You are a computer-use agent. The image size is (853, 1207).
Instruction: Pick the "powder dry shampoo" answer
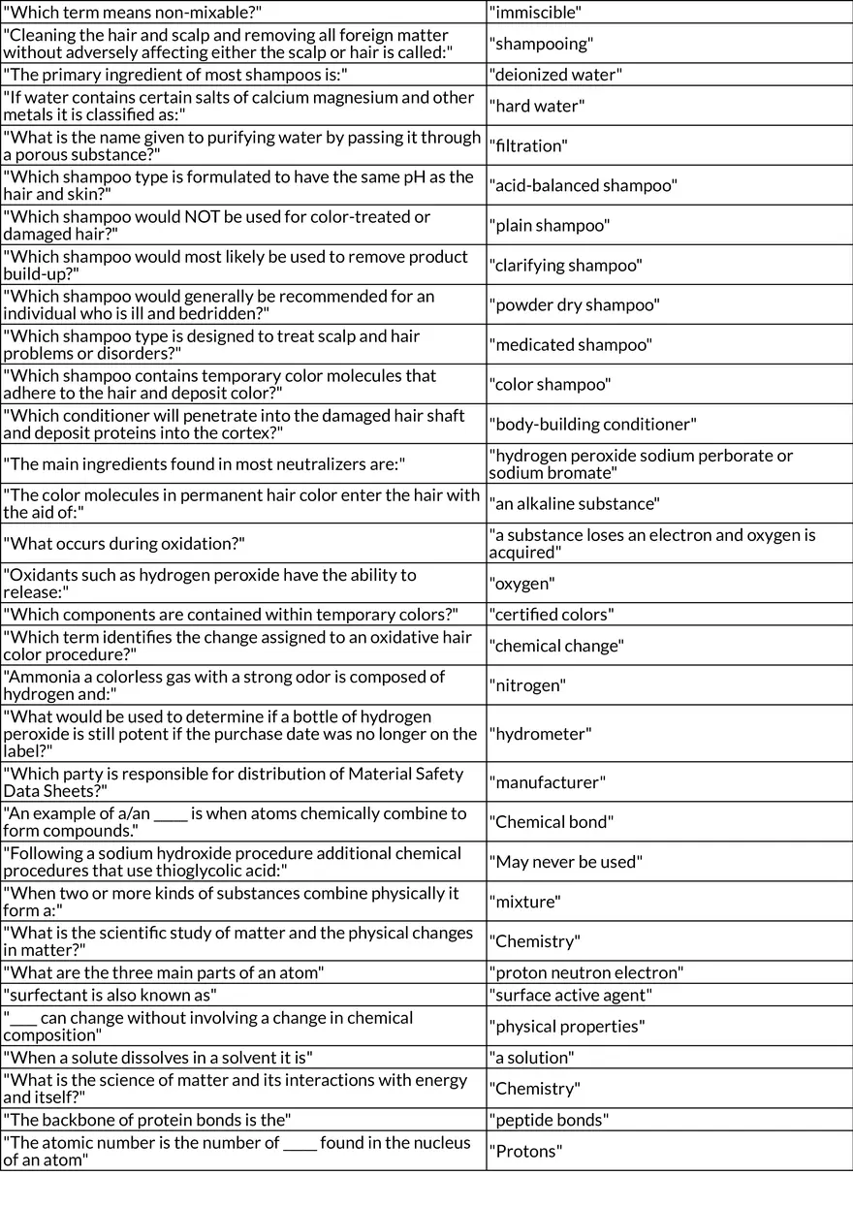(x=575, y=304)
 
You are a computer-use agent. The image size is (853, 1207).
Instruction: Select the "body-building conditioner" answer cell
(x=592, y=424)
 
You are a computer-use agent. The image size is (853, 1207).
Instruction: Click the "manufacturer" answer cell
(x=547, y=782)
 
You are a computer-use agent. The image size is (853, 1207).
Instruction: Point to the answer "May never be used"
(x=566, y=862)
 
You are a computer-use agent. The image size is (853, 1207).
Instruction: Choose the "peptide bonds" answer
(x=549, y=1120)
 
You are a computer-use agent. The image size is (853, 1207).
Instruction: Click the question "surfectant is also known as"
(x=111, y=995)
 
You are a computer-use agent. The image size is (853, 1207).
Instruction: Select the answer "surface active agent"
(x=571, y=996)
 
